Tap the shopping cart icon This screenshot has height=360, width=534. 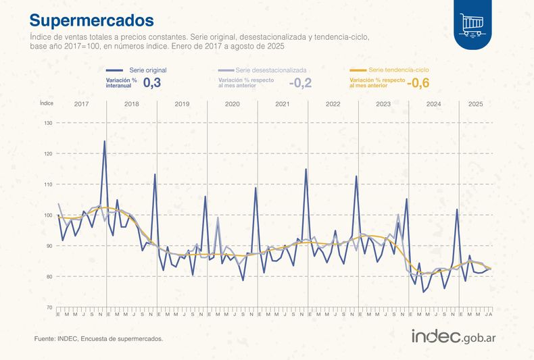pyautogui.click(x=472, y=24)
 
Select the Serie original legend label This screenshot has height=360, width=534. pyautogui.click(x=147, y=70)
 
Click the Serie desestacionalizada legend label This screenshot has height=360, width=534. pyautogui.click(x=271, y=70)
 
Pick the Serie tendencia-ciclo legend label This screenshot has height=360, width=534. pyautogui.click(x=398, y=70)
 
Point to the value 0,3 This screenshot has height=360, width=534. pyautogui.click(x=151, y=83)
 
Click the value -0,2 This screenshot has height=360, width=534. pyautogui.click(x=300, y=83)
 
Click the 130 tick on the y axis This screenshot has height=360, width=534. pyautogui.click(x=48, y=123)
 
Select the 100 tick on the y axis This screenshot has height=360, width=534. pyautogui.click(x=48, y=215)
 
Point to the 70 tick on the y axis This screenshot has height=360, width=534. pyautogui.click(x=48, y=307)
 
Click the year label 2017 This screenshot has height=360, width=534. pyautogui.click(x=82, y=104)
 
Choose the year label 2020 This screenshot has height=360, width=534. pyautogui.click(x=233, y=104)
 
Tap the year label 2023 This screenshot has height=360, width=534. pyautogui.click(x=383, y=104)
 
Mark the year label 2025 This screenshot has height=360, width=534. pyautogui.click(x=476, y=104)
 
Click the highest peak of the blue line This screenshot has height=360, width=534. pyautogui.click(x=104, y=141)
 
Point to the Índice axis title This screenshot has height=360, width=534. pyautogui.click(x=47, y=103)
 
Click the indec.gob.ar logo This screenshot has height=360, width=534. pyautogui.click(x=454, y=336)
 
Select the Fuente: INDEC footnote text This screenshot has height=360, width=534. pyautogui.click(x=98, y=338)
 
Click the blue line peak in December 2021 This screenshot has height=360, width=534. pyautogui.click(x=306, y=169)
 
